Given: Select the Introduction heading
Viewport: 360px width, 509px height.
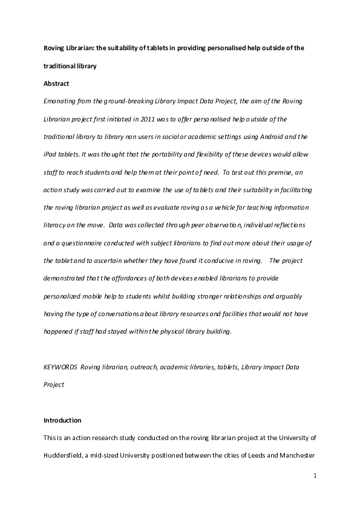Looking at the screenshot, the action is click(x=62, y=420).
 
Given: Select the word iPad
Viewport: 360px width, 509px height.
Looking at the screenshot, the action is click(x=50, y=155).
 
